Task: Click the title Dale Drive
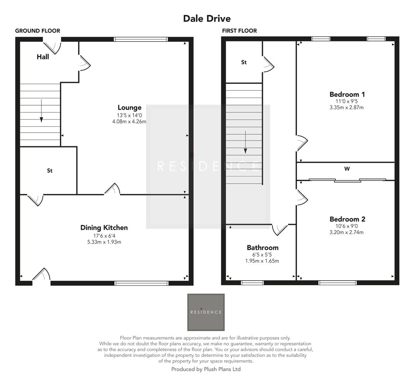207,18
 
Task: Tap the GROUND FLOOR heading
37,31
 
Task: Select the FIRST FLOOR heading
239,31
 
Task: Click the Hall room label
43,57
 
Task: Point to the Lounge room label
129,107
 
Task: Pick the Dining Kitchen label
104,228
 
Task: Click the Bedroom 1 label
347,94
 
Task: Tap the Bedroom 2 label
347,219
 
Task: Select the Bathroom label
262,247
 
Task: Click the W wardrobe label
347,169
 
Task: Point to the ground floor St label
50,171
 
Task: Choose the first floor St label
244,62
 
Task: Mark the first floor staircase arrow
245,142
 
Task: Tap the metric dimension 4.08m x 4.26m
129,122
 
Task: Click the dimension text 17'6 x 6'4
104,236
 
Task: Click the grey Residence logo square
206,312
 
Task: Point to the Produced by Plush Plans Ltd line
206,369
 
